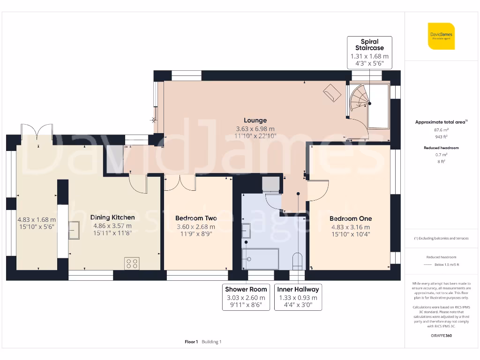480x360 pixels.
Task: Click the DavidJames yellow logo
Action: (441, 36)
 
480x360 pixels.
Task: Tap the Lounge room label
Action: (255, 120)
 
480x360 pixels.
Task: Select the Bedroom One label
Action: (351, 218)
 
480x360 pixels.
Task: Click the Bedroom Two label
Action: (196, 218)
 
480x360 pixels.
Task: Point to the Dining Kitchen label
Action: (112, 217)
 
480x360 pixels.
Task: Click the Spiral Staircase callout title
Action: (369, 45)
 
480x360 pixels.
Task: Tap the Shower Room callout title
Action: (246, 289)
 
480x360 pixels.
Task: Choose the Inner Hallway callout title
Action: (298, 289)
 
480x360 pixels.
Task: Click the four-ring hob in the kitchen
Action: (132, 264)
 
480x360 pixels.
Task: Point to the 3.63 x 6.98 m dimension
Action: (255, 129)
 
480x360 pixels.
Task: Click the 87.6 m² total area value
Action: (442, 130)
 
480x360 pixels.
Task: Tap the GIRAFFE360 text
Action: (442, 336)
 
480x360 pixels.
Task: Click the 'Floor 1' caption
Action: (191, 342)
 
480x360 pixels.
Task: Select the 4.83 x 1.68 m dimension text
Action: (37, 219)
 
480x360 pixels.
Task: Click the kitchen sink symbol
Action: (74, 230)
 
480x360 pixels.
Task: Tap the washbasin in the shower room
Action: (246, 231)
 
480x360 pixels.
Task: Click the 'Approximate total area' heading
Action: (441, 122)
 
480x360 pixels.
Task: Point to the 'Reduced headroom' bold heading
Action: (442, 148)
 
